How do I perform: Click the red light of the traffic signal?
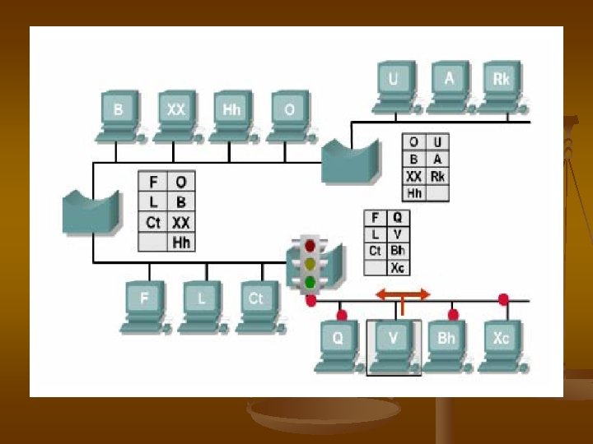pos(311,245)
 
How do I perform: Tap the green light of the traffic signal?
pos(311,282)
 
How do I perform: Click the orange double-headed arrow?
pos(403,294)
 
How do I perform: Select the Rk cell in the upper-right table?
pos(437,176)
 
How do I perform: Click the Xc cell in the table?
pos(398,267)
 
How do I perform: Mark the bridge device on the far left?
pos(89,211)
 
